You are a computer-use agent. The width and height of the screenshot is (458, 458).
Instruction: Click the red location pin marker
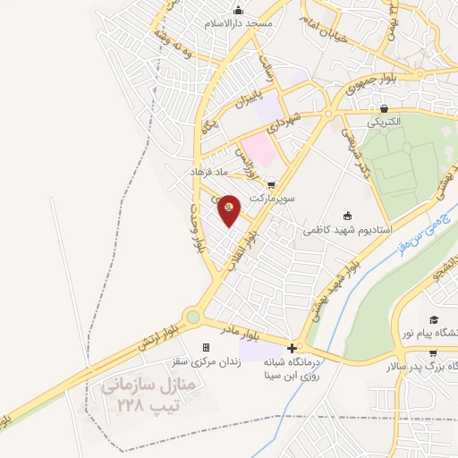pos(230,209)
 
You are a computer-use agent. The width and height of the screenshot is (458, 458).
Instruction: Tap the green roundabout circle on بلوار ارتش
pos(192,316)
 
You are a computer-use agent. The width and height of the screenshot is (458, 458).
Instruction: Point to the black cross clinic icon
pos(292,348)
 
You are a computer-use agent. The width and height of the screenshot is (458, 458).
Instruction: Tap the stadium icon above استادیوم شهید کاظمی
pos(348,215)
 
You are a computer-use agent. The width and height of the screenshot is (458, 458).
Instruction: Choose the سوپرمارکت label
pos(272,193)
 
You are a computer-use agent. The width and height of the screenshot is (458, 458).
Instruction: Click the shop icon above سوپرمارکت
pos(272,180)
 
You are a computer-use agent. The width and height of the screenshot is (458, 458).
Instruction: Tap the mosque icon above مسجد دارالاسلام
pos(238,10)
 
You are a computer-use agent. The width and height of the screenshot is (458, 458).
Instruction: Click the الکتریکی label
pos(395,120)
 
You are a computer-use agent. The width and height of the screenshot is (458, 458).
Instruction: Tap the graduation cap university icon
pos(434,319)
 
